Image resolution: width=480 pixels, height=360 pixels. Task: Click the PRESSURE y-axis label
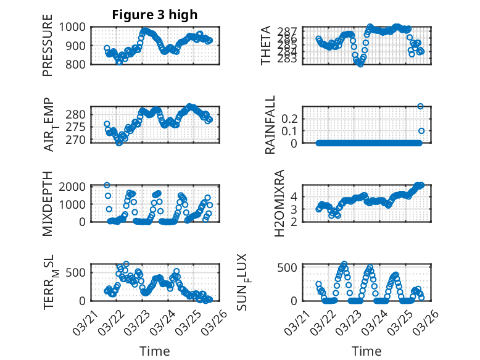coord(48,50)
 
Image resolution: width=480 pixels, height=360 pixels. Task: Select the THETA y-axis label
coord(266,46)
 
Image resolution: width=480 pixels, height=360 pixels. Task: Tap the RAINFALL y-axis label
coord(270,125)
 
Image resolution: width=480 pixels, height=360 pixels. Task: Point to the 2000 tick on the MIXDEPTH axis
coord(74,186)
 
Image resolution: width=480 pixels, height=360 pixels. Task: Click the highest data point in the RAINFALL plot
coord(421,106)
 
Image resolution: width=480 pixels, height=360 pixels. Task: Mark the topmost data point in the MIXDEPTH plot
coord(107,185)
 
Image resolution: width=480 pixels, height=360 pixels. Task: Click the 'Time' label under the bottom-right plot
coord(366,351)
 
